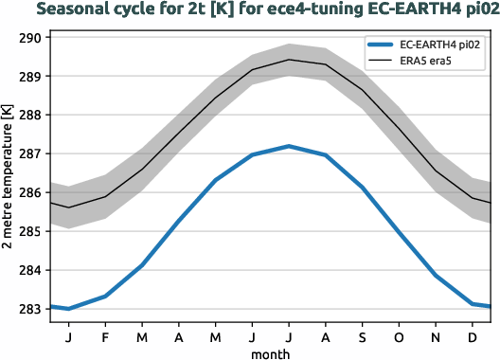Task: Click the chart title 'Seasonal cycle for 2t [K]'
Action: (250, 10)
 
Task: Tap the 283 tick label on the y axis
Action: (31, 309)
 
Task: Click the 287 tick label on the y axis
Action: (31, 153)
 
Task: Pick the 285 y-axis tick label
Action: (31, 231)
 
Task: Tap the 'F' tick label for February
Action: (105, 335)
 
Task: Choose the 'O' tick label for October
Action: (399, 335)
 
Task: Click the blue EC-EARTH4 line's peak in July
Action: (289, 146)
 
